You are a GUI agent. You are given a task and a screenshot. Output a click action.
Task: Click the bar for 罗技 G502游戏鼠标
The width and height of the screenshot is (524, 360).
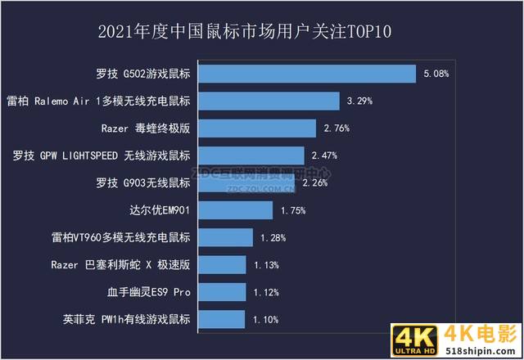[306, 74]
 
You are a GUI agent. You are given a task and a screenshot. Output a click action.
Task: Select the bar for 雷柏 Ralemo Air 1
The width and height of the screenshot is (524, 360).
[268, 101]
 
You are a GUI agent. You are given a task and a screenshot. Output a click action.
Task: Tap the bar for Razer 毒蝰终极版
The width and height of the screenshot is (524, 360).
[255, 128]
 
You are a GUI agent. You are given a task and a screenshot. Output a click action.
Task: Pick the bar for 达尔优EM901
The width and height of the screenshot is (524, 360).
[234, 210]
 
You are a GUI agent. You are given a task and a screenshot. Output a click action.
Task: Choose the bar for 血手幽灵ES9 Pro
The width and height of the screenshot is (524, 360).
[220, 292]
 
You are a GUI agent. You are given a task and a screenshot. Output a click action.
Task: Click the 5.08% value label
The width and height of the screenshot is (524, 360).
[436, 74]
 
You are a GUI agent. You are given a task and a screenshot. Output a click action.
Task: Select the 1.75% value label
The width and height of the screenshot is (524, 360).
[292, 210]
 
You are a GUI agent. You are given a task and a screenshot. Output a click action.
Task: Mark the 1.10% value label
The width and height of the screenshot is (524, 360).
[264, 319]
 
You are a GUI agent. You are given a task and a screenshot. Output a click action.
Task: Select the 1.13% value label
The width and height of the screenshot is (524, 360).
[266, 264]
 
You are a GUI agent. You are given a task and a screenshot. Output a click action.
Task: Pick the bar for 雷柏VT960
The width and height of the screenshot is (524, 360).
[224, 237]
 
